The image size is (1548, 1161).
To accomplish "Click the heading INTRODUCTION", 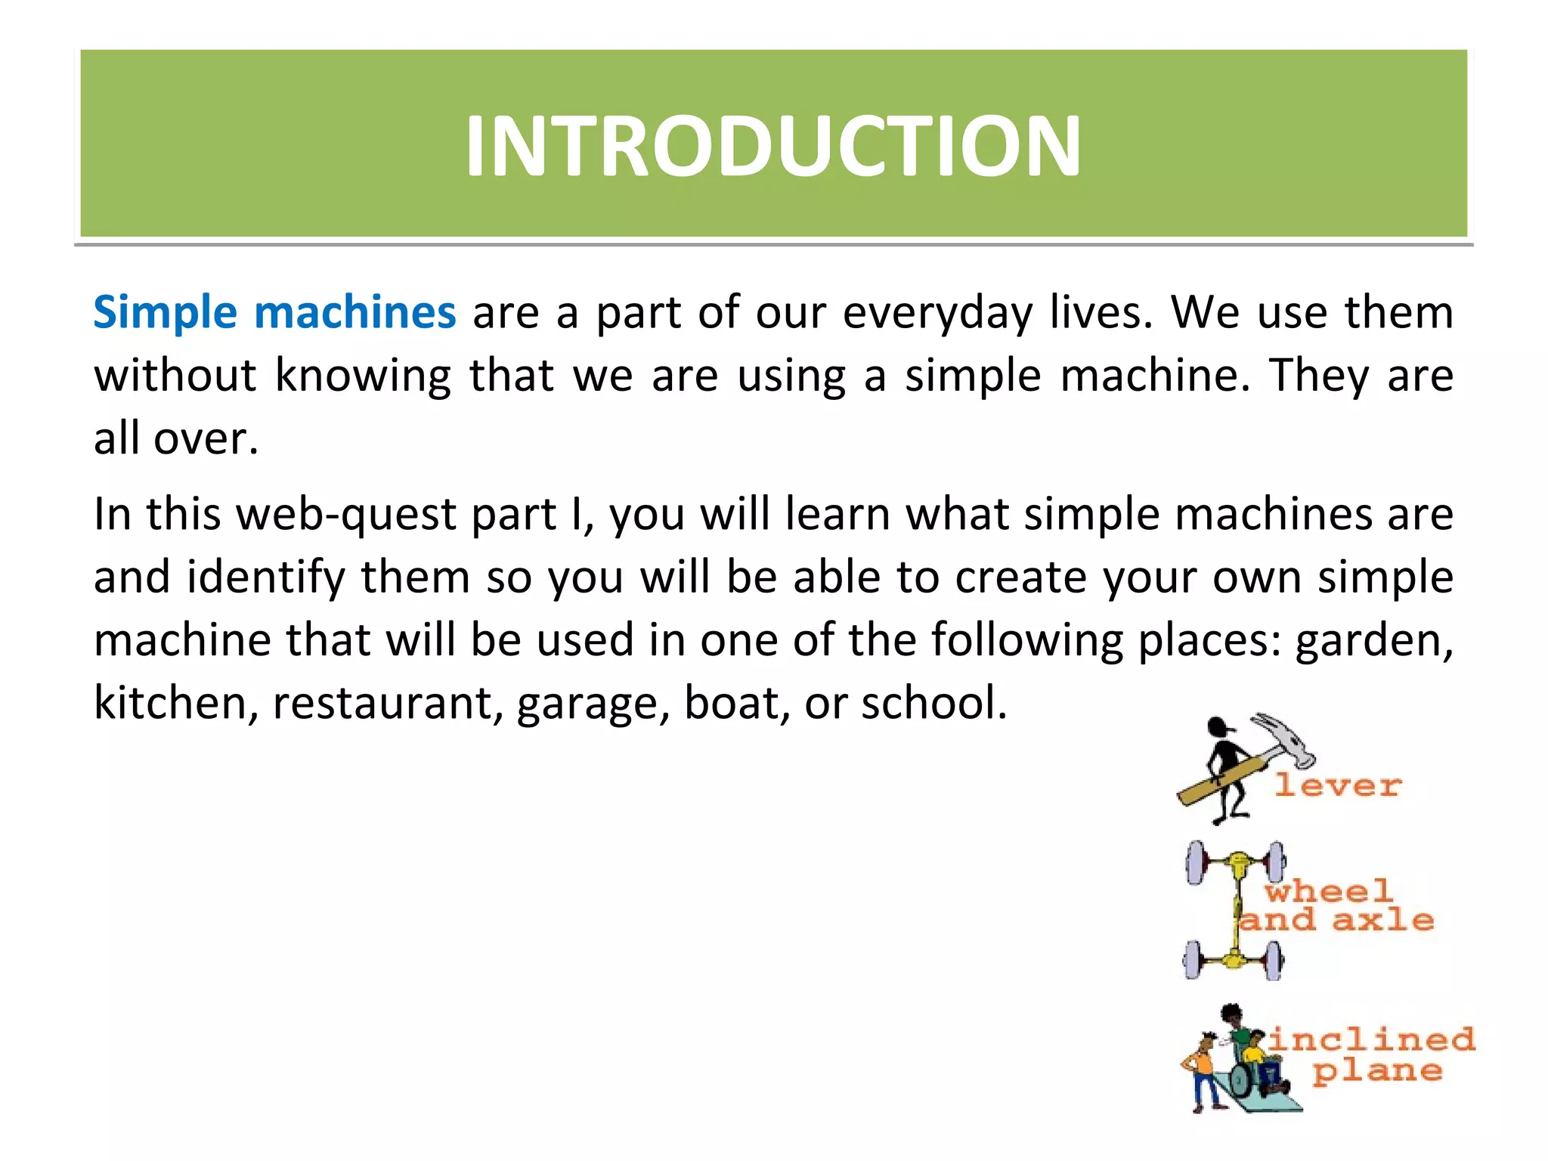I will click(772, 145).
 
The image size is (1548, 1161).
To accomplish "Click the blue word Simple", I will click(166, 312).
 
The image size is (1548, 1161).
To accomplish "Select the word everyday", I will click(937, 314).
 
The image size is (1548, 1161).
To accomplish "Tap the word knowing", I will click(363, 376).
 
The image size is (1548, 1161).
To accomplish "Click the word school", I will click(934, 703).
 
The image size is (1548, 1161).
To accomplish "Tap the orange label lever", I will click(1338, 785).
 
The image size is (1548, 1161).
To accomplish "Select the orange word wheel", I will click(1329, 890).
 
